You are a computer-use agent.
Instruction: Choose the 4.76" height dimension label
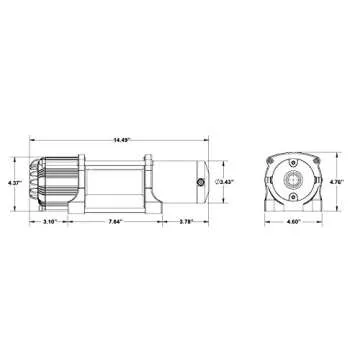point(343,183)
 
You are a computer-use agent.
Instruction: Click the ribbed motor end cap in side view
point(47,182)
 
